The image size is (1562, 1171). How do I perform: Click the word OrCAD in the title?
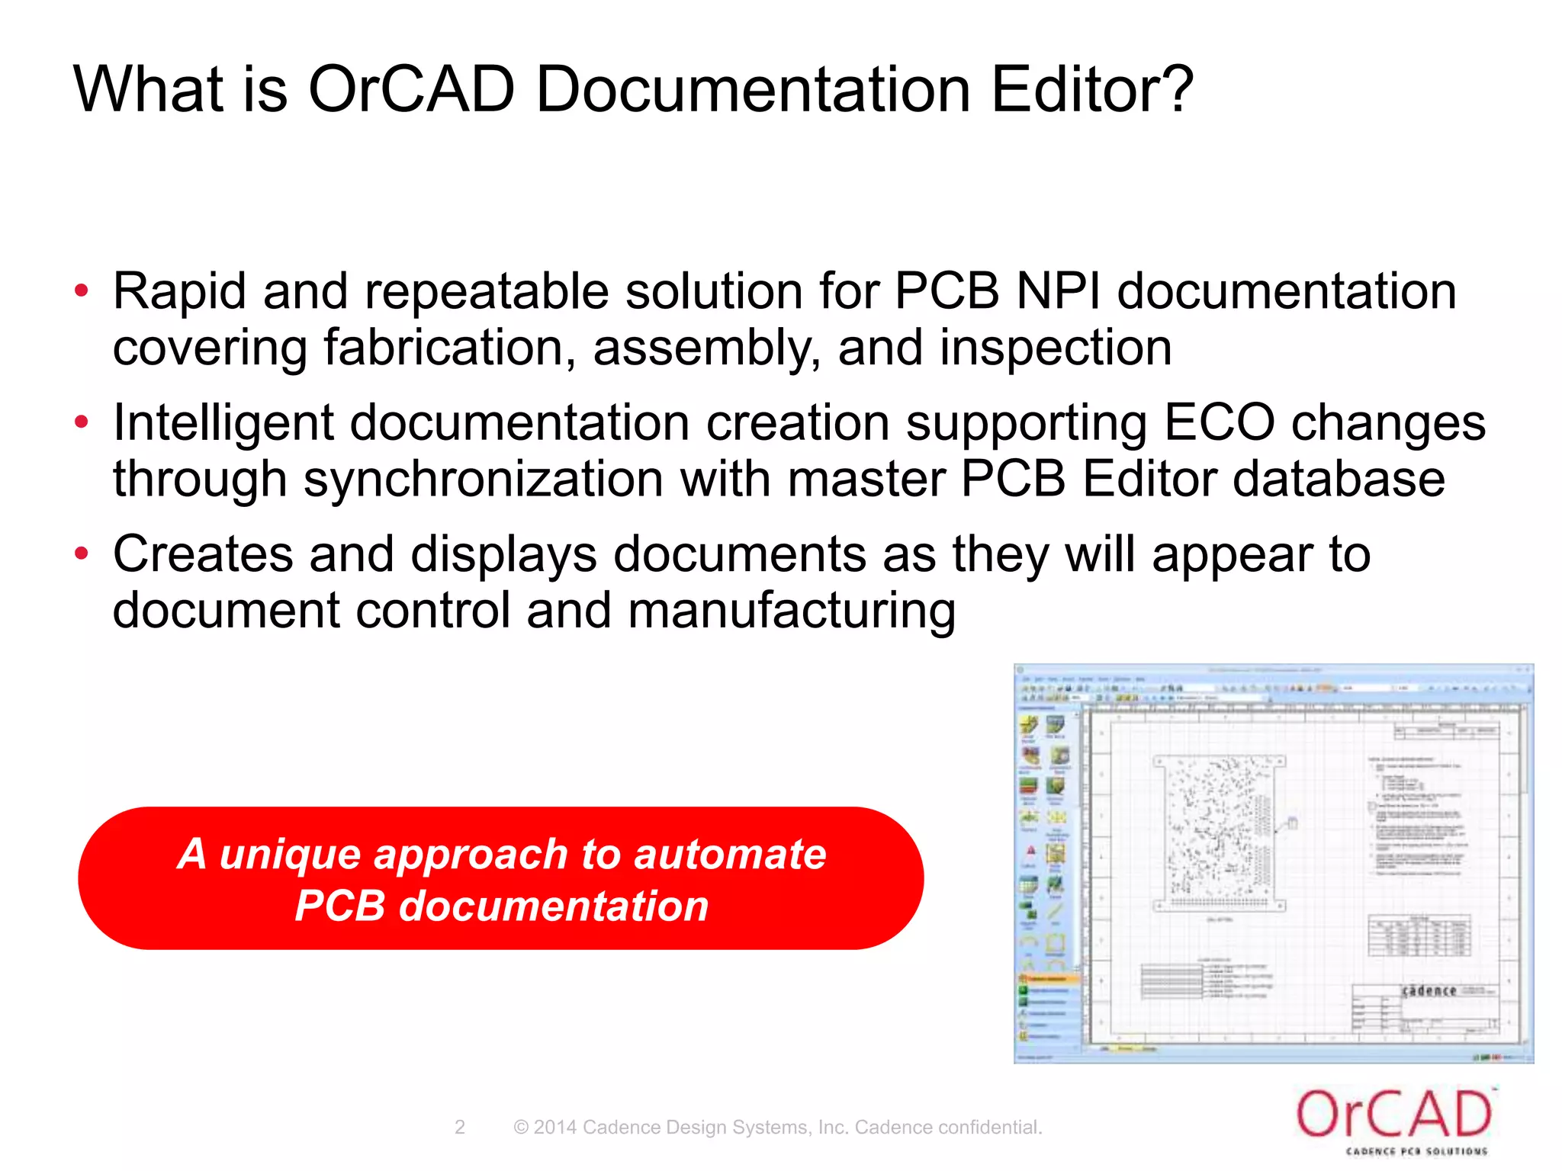click(x=411, y=89)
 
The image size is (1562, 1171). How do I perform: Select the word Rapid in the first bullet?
click(x=179, y=292)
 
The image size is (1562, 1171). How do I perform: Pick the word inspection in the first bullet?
click(x=1056, y=348)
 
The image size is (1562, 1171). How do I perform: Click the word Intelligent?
click(x=223, y=424)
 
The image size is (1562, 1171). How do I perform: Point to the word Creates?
click(x=203, y=554)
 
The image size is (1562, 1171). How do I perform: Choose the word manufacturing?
click(x=792, y=611)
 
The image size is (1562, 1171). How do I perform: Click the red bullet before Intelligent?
click(x=82, y=422)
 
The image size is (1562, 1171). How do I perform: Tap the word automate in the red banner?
click(x=730, y=854)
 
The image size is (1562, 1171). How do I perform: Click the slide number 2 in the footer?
click(x=459, y=1127)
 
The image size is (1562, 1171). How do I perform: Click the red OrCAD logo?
click(x=1393, y=1115)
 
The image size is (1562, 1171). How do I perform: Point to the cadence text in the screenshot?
click(x=1429, y=991)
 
